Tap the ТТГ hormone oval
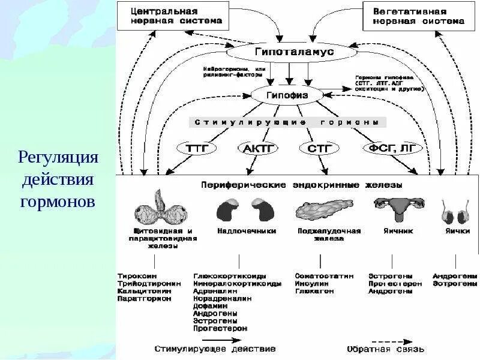(197, 148)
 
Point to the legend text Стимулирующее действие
(215, 348)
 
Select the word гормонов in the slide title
(58, 201)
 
